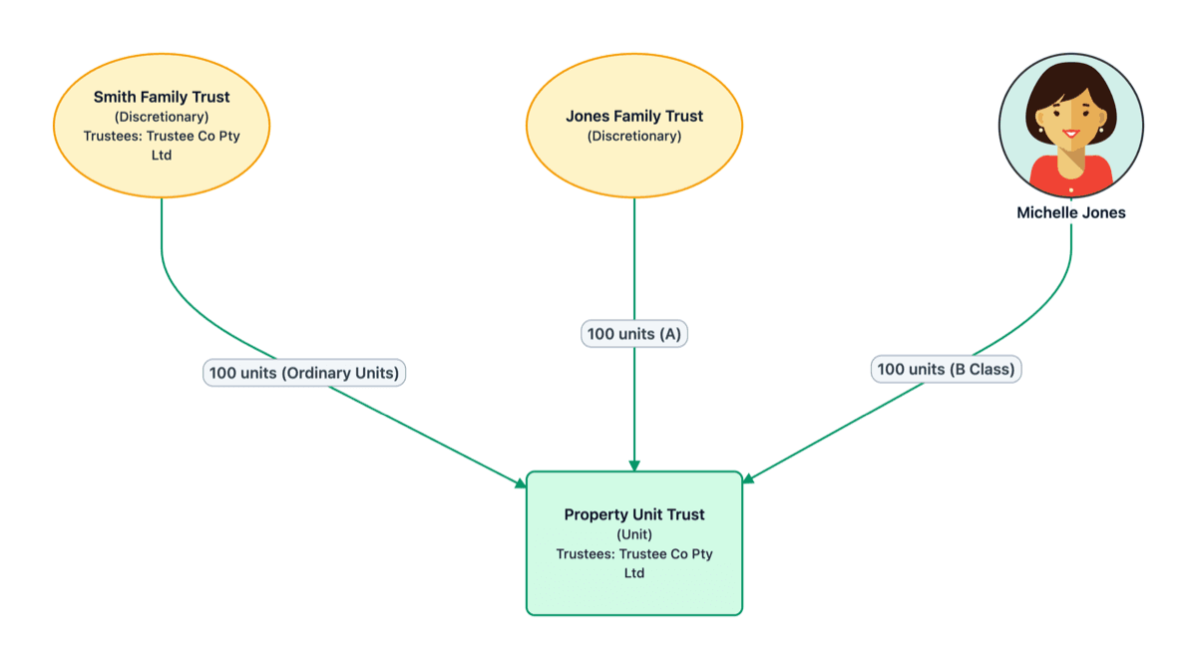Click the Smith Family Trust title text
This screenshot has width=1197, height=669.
tap(162, 98)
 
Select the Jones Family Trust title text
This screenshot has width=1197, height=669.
tap(634, 117)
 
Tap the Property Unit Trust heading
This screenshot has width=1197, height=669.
tap(634, 514)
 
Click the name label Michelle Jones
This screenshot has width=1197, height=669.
tap(1070, 212)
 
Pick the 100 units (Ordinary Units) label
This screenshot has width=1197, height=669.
tap(304, 373)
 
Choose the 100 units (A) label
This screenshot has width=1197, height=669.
tap(634, 334)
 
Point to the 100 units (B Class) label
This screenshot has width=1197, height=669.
tap(946, 369)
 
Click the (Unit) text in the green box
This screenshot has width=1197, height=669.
tap(634, 534)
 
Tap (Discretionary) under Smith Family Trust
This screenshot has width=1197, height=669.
tap(162, 117)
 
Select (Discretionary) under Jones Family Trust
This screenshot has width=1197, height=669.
tap(634, 136)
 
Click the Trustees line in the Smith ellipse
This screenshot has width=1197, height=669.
tap(162, 136)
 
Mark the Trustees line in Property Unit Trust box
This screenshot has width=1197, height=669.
tap(634, 553)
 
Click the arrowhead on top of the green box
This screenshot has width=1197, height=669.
tap(634, 466)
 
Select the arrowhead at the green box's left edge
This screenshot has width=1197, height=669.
tap(521, 484)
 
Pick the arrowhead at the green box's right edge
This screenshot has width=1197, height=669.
tap(748, 478)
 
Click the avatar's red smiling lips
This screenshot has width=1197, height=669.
tap(1070, 134)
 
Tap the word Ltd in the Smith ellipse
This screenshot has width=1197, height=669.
tap(162, 156)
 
